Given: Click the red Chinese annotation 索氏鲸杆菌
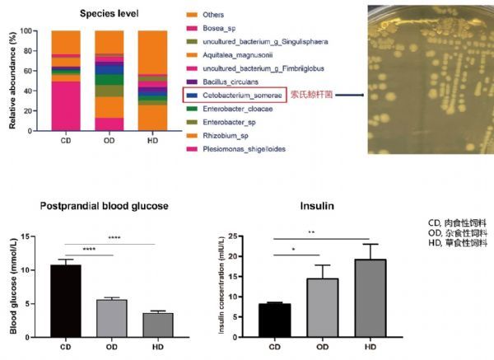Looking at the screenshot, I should pos(311,96).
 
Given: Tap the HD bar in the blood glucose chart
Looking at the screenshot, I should pos(152,324).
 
